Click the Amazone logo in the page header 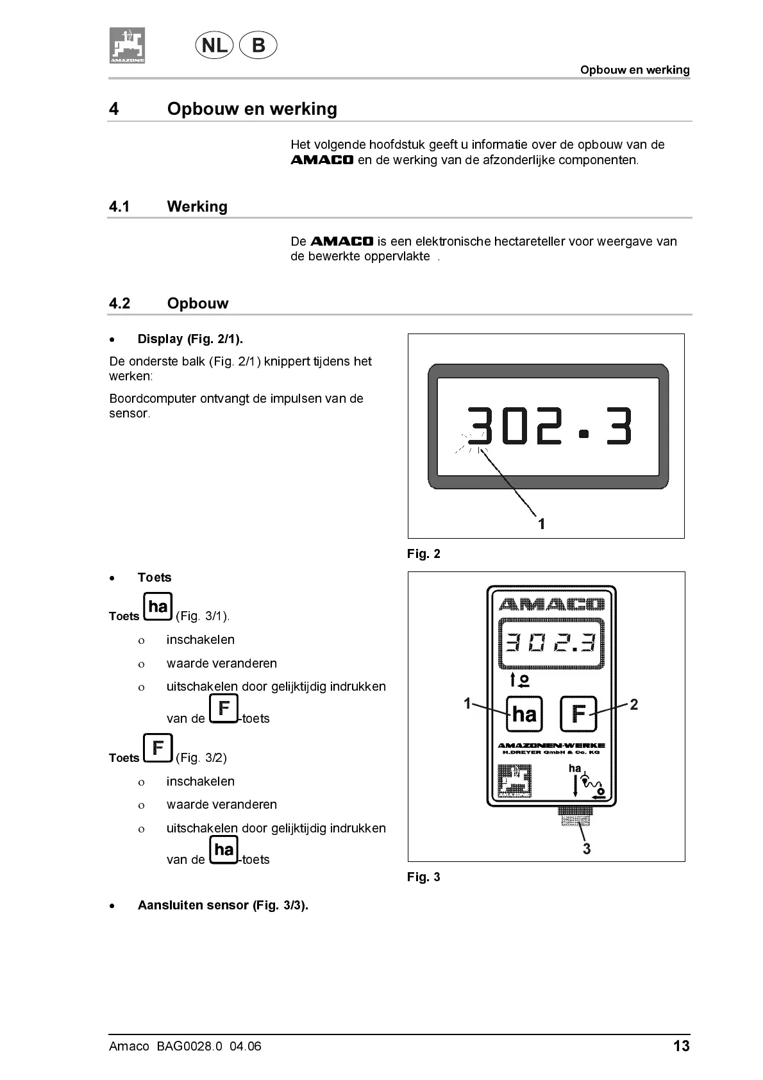126,46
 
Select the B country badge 258,46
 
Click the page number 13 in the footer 681,1046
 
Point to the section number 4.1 119,207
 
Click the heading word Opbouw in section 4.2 197,303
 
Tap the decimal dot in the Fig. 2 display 583,434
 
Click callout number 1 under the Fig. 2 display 541,524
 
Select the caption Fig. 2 424,553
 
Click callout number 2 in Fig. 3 633,705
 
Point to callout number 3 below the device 586,848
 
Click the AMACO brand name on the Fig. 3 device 551,604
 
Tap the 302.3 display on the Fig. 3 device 551,643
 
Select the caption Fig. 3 424,877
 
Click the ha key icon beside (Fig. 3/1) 158,607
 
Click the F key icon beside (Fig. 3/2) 158,748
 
